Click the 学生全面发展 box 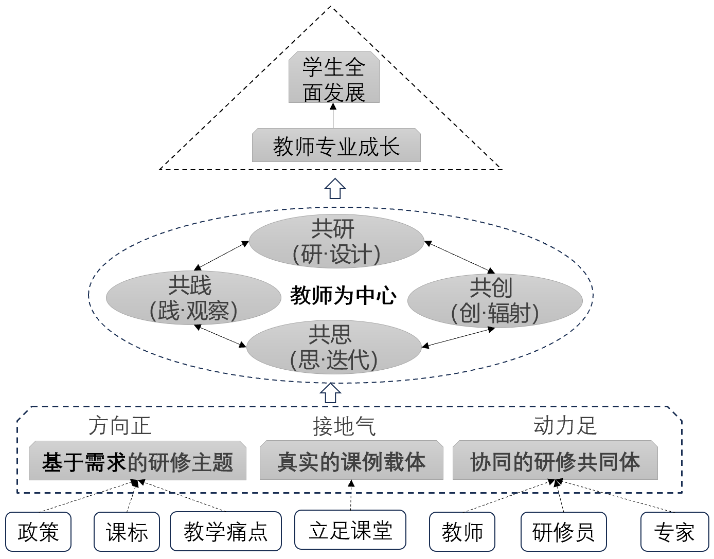tap(334, 78)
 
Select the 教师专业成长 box tap(336, 146)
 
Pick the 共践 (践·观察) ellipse tap(193, 298)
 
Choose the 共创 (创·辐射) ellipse tap(494, 301)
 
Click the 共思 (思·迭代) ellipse tap(334, 347)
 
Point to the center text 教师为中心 tap(343, 296)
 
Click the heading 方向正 tap(119, 426)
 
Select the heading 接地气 tap(344, 426)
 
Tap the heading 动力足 tap(564, 426)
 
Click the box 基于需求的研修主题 tap(137, 461)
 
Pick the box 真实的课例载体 tap(351, 461)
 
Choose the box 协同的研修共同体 tap(555, 461)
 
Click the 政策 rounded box tap(39, 532)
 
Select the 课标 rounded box tap(127, 532)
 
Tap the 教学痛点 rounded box tap(226, 531)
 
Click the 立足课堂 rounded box tap(350, 531)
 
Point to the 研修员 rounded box tap(563, 532)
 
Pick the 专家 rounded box tap(674, 532)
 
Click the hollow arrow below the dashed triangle tap(335, 189)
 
